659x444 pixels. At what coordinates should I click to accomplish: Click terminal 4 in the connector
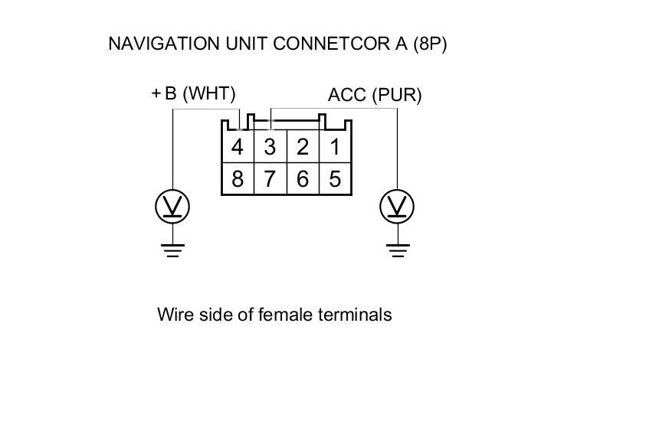point(238,147)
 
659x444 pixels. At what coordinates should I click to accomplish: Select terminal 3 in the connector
point(270,147)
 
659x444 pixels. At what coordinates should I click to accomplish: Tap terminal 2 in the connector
point(303,147)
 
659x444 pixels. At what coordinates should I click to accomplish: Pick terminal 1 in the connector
point(335,147)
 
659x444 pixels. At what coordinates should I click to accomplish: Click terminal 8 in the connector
point(238,179)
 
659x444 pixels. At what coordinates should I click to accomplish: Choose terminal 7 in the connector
point(270,179)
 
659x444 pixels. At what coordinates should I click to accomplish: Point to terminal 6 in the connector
point(303,179)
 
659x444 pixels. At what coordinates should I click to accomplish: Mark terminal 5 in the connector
point(335,179)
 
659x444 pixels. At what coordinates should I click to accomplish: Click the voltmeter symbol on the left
point(172,206)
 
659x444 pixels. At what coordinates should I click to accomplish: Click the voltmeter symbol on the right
point(397,206)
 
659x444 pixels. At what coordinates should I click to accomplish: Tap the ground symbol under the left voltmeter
point(172,250)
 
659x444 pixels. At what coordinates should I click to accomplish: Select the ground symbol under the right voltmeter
point(397,250)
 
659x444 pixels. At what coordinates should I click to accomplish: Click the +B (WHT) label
point(194,93)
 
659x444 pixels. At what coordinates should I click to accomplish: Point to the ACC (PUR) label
point(375,95)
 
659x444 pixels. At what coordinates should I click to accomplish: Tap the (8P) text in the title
point(430,44)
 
